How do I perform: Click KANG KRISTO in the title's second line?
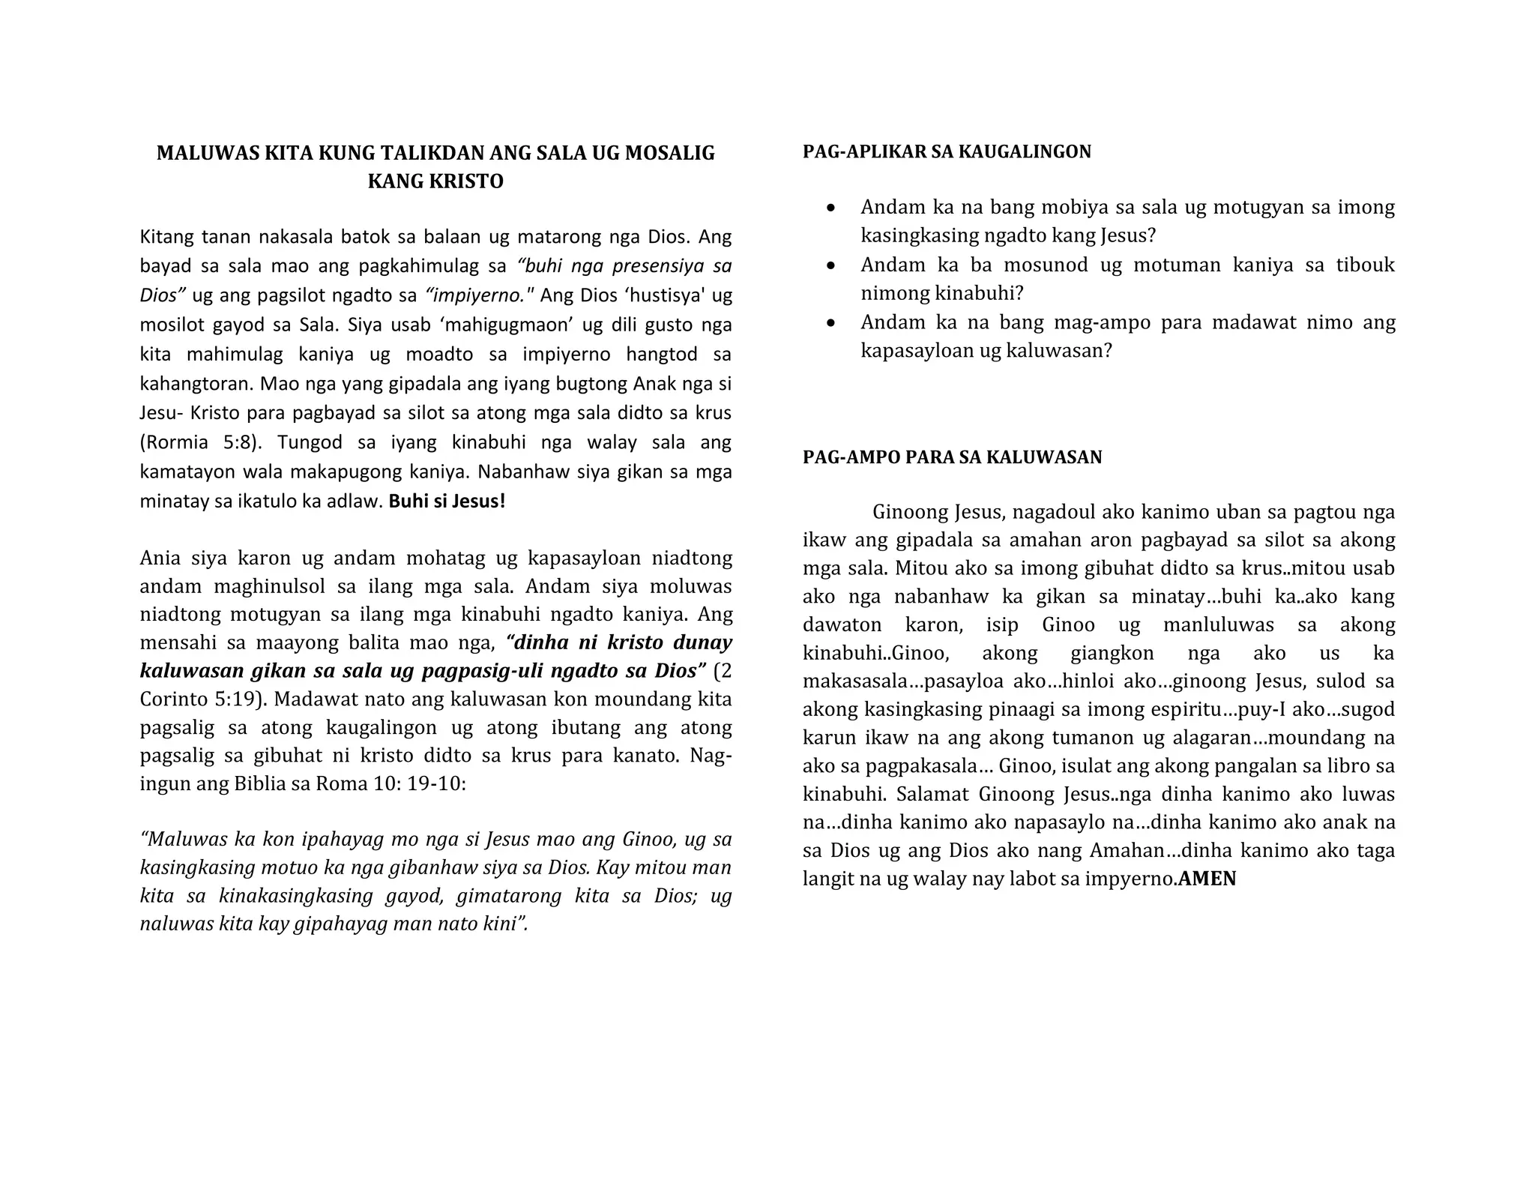435,181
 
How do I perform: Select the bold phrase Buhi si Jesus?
447,501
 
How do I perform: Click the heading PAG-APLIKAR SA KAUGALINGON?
947,151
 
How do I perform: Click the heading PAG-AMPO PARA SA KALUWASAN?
952,457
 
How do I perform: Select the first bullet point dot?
830,208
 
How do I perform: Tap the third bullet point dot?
830,323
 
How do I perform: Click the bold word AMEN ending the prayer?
1207,879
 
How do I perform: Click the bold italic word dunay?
702,642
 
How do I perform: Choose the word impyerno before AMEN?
1130,879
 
